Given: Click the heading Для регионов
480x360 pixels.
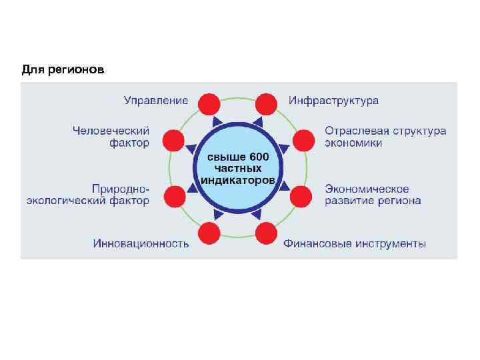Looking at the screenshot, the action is point(63,69).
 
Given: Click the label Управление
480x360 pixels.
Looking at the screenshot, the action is point(156,101).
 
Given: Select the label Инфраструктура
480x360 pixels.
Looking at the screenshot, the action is point(333,101).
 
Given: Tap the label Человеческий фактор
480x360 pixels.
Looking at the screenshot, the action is point(111,137).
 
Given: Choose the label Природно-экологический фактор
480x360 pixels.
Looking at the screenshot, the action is point(88,195).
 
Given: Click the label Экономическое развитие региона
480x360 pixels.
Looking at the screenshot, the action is point(373,195).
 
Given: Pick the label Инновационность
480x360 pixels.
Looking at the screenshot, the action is point(141,243).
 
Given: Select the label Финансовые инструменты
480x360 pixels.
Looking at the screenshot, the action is point(355,243).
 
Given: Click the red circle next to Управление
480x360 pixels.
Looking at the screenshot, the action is point(209,104).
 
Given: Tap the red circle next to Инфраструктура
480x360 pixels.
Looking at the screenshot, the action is point(266,104).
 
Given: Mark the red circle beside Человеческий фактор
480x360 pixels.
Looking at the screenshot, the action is point(174,140).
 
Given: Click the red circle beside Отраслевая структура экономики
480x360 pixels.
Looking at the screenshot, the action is point(302,140).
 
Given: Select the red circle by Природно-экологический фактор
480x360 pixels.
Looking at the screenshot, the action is point(174,196).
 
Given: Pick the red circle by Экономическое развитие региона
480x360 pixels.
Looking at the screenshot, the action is point(301,196).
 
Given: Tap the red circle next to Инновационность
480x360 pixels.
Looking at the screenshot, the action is point(209,233).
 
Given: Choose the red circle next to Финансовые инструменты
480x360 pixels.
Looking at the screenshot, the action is point(266,233).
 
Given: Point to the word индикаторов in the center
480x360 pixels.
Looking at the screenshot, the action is point(237,181).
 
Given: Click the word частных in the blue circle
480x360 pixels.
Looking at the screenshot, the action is point(237,169).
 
